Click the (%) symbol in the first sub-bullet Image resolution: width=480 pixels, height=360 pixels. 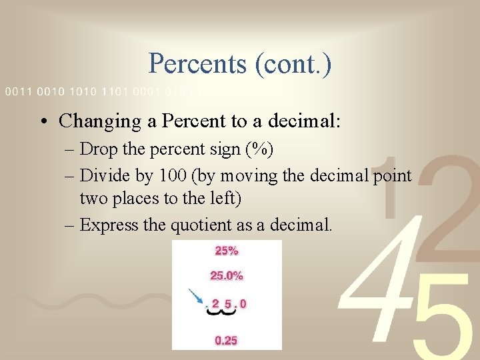259,149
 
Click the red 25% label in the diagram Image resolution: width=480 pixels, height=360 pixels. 226,251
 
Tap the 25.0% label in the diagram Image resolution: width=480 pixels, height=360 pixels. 226,275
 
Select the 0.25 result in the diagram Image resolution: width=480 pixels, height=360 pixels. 226,341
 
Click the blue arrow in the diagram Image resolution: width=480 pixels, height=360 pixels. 197,296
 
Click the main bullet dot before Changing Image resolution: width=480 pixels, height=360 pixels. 43,121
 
